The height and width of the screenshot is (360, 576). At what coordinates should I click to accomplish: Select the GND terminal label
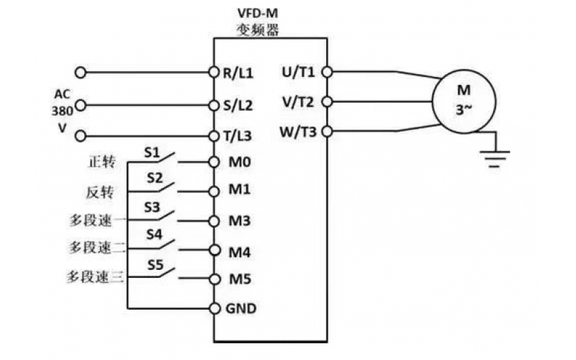coord(241,308)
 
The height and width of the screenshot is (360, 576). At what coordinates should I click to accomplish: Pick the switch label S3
coord(153,207)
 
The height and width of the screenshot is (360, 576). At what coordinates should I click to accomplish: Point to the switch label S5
coord(156,265)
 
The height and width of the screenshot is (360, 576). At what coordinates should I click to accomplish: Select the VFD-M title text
coord(258,13)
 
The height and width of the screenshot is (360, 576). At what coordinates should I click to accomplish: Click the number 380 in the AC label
coord(61,111)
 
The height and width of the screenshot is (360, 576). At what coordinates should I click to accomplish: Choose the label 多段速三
coord(95,277)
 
